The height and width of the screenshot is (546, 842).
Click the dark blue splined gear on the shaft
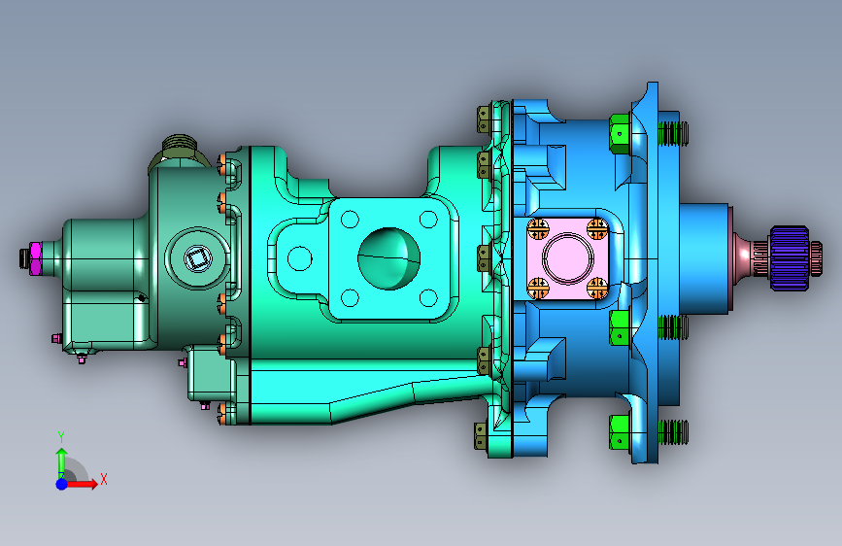790,258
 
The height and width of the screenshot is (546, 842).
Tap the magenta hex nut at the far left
35,258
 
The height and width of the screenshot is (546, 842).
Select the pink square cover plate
567,258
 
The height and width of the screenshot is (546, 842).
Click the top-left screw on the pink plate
538,229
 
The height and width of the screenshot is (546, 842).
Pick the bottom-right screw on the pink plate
597,288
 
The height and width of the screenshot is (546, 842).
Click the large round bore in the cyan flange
388,258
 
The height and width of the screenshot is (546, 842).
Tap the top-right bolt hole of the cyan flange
428,220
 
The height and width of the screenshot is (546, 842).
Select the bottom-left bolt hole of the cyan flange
350,297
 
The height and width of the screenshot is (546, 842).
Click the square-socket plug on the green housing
197,258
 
